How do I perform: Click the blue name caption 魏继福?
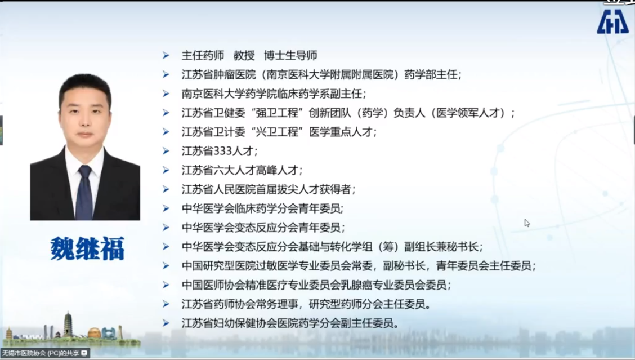click(87, 248)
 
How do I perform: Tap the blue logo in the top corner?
click(612, 21)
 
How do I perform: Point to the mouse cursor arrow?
click(527, 223)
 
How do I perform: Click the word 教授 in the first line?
click(244, 55)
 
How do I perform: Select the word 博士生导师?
click(290, 55)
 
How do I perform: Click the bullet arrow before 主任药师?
click(166, 55)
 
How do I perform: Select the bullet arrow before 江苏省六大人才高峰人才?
click(166, 170)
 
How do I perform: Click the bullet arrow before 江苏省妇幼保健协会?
click(166, 323)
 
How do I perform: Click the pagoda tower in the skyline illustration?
click(68, 325)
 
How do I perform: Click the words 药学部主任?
click(431, 74)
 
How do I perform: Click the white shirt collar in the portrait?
click(84, 160)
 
